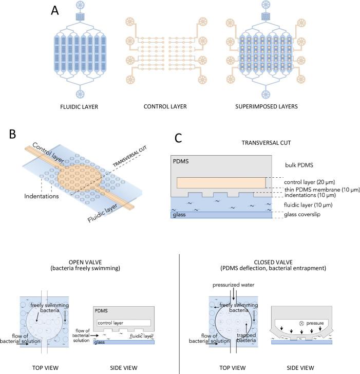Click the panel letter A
tap(55, 11)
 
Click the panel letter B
tap(12, 134)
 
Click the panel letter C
tap(178, 138)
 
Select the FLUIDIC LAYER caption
tap(79, 107)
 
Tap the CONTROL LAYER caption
tap(165, 107)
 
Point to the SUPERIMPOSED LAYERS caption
tap(267, 107)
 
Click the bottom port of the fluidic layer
tap(80, 94)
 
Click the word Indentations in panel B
tap(41, 196)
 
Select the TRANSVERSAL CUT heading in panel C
tap(266, 143)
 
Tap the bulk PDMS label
tap(299, 165)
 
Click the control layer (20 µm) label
tap(310, 182)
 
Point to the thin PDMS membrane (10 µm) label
tap(322, 190)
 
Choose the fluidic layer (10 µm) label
tap(308, 205)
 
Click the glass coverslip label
tap(302, 214)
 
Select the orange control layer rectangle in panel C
tap(221, 183)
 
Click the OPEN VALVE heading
tap(85, 262)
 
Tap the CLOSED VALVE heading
tap(273, 262)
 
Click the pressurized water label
tap(233, 285)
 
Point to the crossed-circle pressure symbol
tap(301, 324)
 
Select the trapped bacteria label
tap(247, 338)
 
